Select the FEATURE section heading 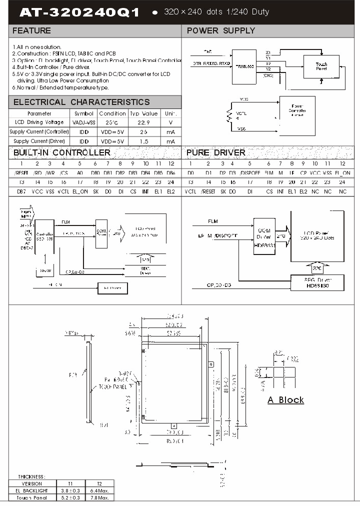tap(31, 30)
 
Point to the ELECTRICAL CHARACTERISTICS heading tap(81, 102)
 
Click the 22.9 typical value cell tap(143, 122)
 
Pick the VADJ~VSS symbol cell tap(83, 122)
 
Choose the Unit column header tap(170, 113)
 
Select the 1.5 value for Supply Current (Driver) tap(143, 141)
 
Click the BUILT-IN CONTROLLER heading tap(61, 152)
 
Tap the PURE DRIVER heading tap(215, 152)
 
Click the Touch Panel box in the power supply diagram tap(321, 66)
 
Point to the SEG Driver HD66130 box tap(317, 282)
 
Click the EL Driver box tap(112, 288)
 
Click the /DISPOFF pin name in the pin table tap(249, 172)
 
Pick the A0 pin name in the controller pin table tap(79, 172)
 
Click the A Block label tap(285, 400)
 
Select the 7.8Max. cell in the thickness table tap(99, 497)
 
